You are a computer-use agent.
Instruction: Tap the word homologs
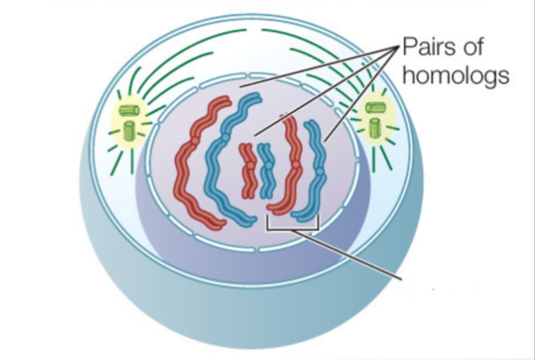pyautogui.click(x=456, y=76)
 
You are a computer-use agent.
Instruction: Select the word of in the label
pyautogui.click(x=487, y=48)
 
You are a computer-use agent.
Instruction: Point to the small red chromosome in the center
pyautogui.click(x=248, y=170)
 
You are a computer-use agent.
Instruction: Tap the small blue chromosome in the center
pyautogui.click(x=265, y=170)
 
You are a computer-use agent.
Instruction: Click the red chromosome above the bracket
pyautogui.click(x=289, y=164)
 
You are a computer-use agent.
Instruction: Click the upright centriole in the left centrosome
pyautogui.click(x=129, y=129)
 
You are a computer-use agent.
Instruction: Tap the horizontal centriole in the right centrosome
pyautogui.click(x=375, y=109)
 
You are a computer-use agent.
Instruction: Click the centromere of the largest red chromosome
pyautogui.click(x=194, y=139)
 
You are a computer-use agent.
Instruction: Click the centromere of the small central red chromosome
pyautogui.click(x=248, y=161)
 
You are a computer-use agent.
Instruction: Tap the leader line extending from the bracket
pyautogui.click(x=352, y=251)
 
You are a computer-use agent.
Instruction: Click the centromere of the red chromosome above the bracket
pyautogui.click(x=295, y=165)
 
